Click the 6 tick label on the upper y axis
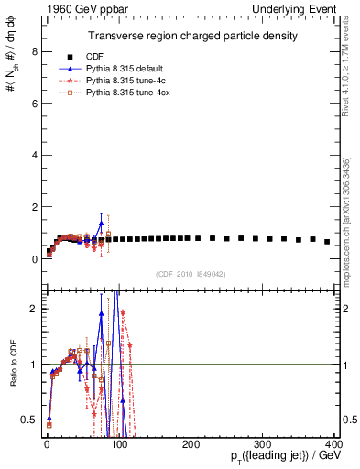[x=34, y=104]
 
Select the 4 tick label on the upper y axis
[x=34, y=156]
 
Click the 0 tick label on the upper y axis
[x=34, y=259]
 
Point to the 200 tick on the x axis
[x=191, y=443]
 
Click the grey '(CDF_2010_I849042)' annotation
[x=190, y=272]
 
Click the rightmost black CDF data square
[x=327, y=242]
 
